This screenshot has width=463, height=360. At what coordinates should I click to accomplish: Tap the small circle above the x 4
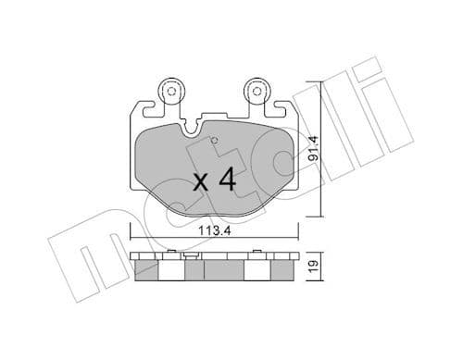click(215, 142)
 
